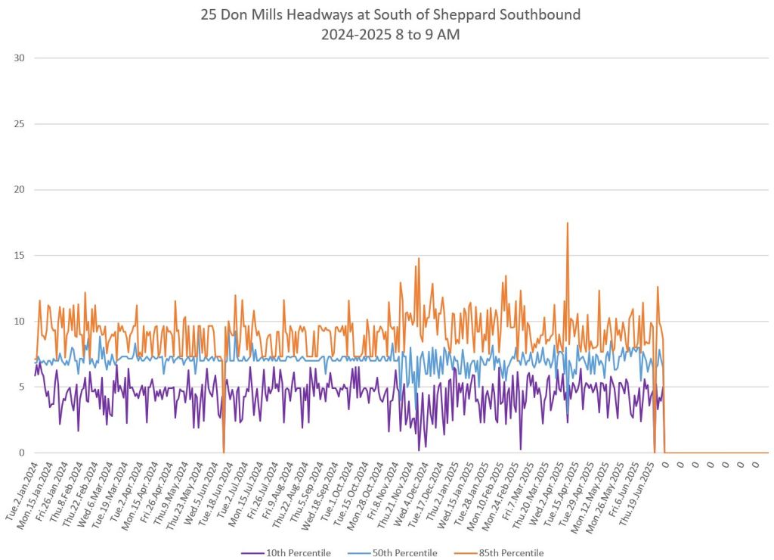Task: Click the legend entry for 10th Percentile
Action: click(298, 553)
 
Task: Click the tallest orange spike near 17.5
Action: click(567, 223)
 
